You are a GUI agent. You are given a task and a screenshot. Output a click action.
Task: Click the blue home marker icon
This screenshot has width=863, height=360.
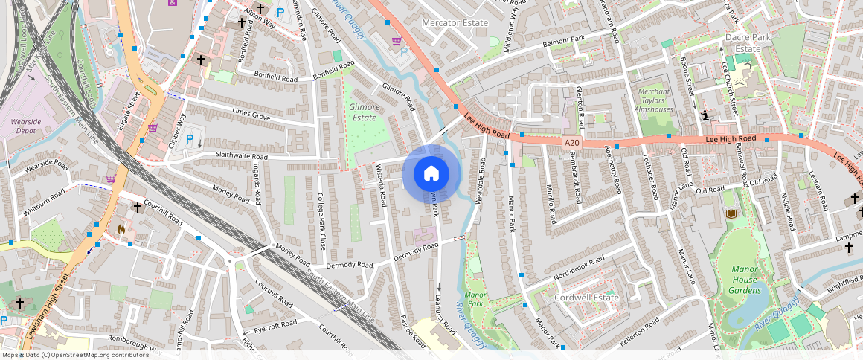(x=431, y=174)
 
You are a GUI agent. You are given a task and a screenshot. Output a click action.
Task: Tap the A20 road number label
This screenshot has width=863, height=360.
(x=571, y=142)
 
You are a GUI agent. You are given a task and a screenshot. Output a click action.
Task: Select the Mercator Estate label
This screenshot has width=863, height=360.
(x=455, y=23)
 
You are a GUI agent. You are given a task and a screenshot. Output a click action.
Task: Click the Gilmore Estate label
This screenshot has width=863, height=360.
(x=364, y=112)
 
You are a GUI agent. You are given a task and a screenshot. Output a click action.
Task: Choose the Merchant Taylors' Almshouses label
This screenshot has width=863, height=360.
(x=655, y=100)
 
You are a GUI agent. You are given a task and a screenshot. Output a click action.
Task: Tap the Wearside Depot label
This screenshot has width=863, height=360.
(x=27, y=125)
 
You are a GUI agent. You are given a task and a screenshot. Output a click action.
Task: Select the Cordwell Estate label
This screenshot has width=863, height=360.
(x=587, y=298)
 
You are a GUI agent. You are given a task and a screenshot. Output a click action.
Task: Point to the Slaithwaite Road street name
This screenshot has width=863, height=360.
(x=231, y=157)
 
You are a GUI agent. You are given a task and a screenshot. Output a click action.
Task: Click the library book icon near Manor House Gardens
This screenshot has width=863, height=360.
(x=731, y=214)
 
